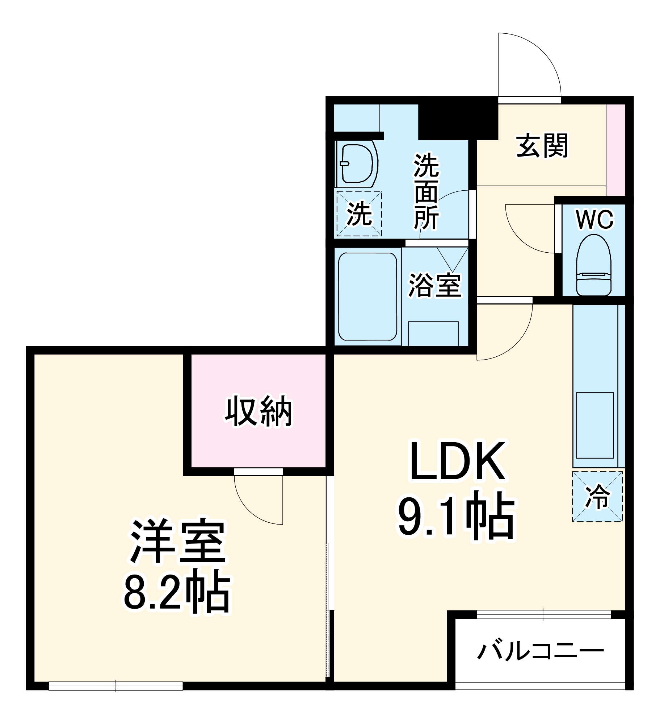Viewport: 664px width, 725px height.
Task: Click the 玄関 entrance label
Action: click(542, 146)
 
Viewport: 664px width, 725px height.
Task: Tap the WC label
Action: click(594, 219)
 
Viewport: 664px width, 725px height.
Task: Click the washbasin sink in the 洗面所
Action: click(357, 163)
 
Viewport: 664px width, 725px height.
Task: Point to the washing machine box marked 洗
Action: click(359, 214)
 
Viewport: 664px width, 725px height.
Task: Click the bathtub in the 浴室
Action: click(367, 297)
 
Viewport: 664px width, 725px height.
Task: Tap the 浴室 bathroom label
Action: click(435, 285)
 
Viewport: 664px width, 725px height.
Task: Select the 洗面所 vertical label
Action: click(426, 192)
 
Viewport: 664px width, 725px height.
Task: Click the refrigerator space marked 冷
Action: click(597, 496)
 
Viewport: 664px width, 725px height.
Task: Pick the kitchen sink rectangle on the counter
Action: click(595, 425)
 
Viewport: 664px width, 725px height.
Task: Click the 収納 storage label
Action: click(259, 411)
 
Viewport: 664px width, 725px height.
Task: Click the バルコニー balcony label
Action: click(541, 651)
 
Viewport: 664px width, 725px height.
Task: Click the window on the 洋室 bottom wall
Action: click(115, 686)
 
